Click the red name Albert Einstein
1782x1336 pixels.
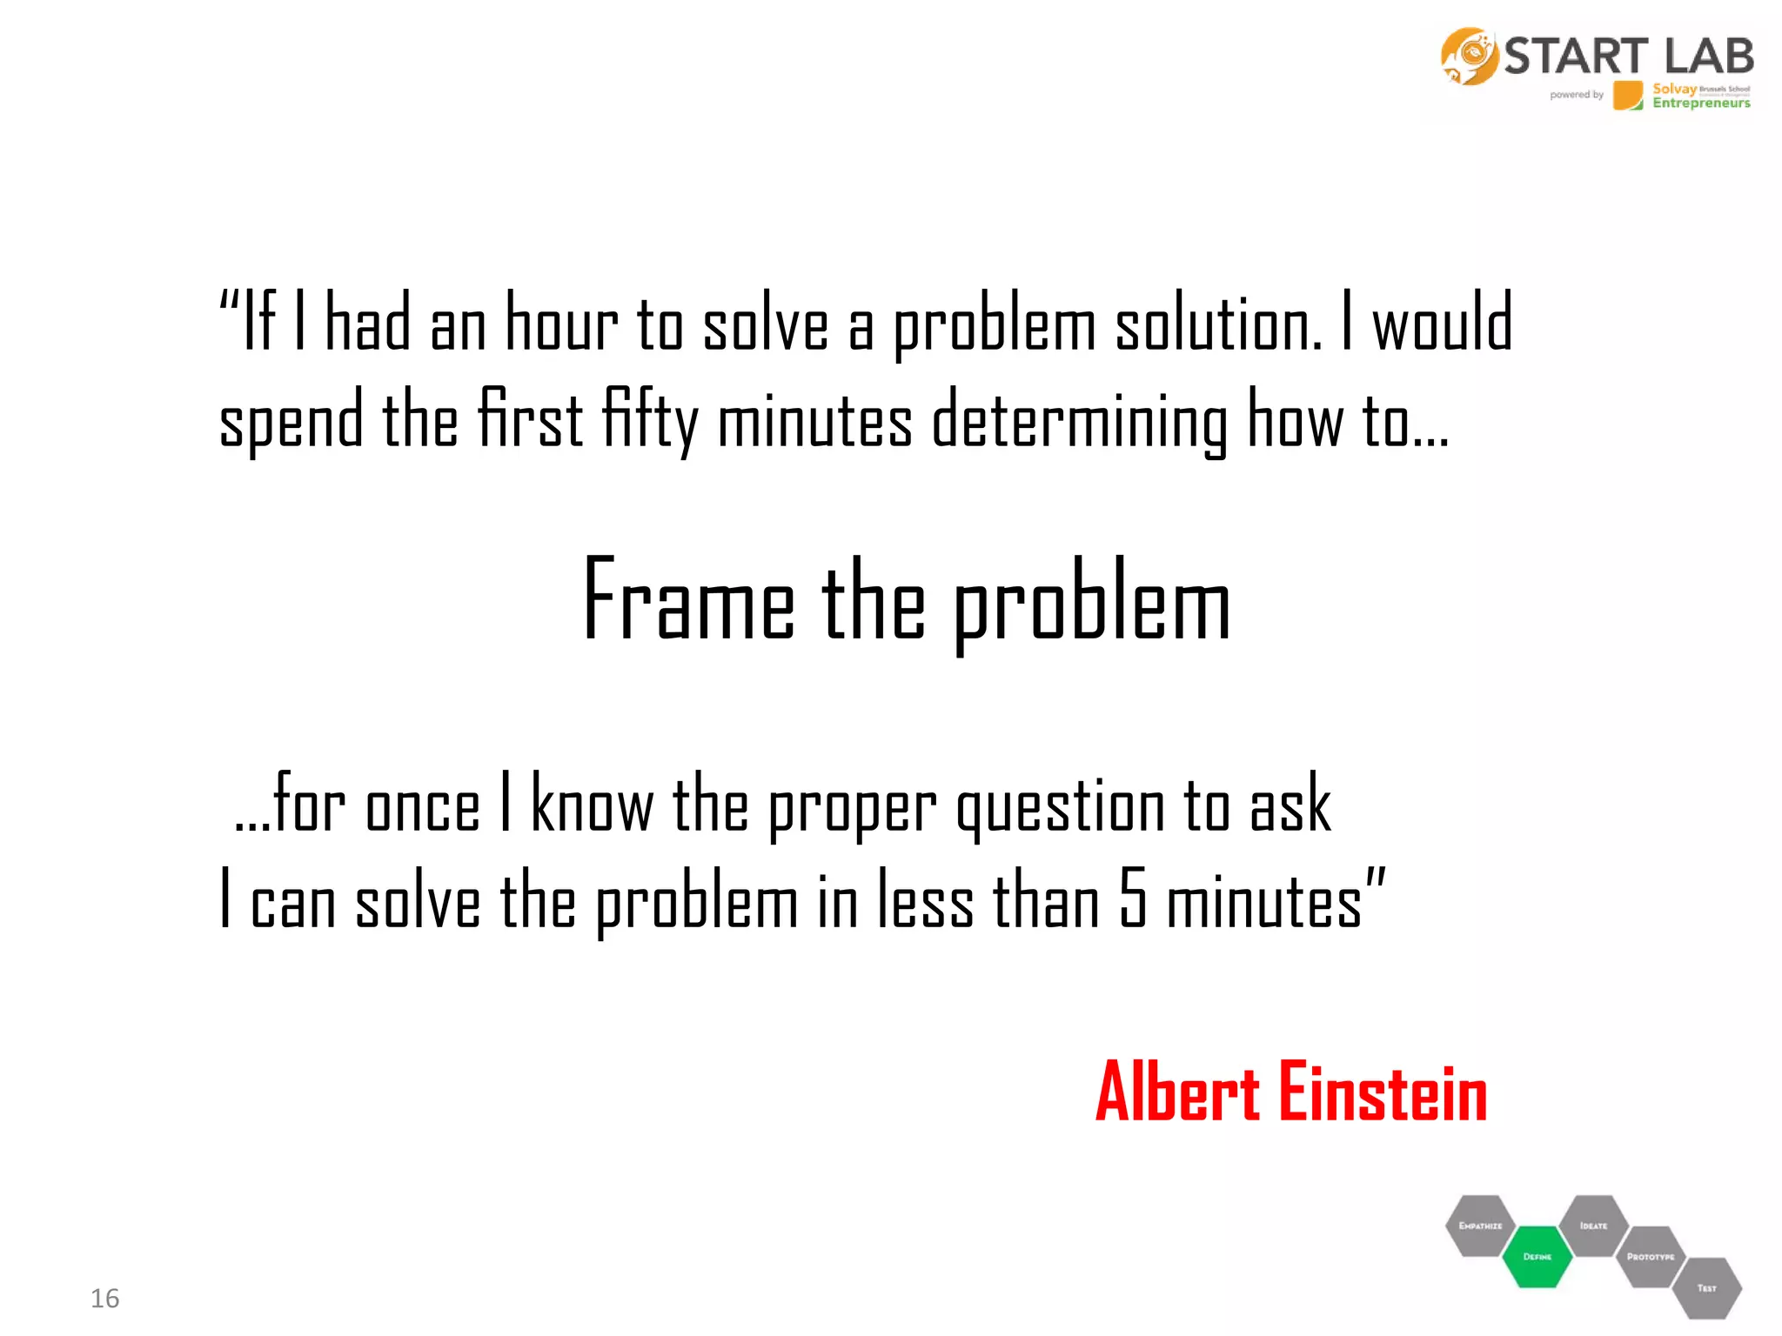pos(1291,1093)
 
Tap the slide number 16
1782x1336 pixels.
pos(104,1298)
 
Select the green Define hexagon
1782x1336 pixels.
pos(1537,1256)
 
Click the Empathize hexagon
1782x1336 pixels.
pos(1480,1226)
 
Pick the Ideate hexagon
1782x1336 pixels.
pos(1593,1226)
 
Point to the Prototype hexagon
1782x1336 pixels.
pos(1651,1256)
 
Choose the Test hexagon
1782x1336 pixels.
pos(1706,1287)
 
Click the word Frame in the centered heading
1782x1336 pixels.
pos(688,600)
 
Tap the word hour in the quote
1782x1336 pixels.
pos(561,324)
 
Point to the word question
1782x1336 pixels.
pos(1061,807)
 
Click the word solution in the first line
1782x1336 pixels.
pos(1218,324)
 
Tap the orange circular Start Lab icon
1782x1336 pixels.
pos(1469,57)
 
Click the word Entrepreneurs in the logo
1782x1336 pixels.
pos(1701,104)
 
